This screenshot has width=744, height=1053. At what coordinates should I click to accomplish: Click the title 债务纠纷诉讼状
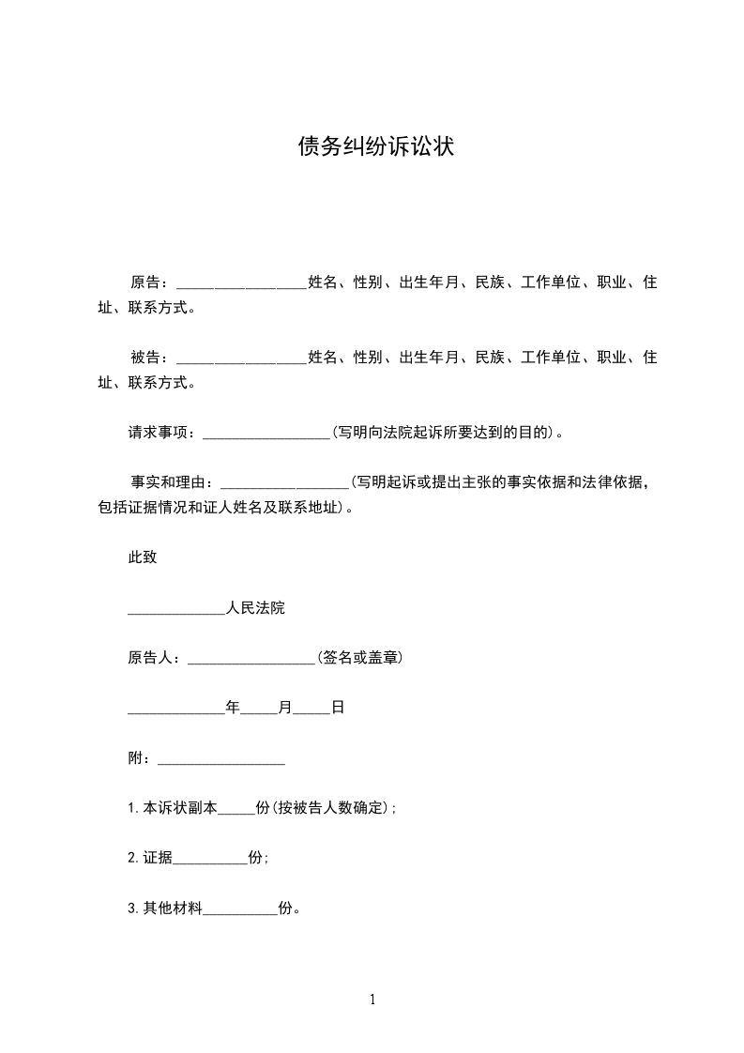coord(375,146)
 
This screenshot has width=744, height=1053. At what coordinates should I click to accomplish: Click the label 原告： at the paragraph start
coord(150,282)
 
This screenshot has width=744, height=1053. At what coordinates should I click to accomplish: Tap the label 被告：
coord(150,358)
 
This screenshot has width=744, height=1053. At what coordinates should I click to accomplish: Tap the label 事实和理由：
coord(175,483)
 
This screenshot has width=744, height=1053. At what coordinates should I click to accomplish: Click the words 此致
coord(143,557)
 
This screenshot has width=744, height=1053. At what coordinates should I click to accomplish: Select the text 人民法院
coord(255,608)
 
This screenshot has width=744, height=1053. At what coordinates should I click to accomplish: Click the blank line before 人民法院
coord(176,611)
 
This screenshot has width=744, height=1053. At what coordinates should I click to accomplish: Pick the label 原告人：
coord(157,658)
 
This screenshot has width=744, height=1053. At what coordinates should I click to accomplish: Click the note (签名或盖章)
coord(360,658)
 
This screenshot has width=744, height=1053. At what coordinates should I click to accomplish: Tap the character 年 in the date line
coord(233,708)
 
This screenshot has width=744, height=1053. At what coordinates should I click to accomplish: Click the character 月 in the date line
coord(285,708)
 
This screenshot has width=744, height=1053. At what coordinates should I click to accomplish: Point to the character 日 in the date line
coord(338,708)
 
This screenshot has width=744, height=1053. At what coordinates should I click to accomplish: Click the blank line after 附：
coord(221,760)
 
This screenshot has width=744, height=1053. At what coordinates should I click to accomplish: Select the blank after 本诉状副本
coord(236,810)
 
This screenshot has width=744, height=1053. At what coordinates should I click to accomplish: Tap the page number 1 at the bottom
coord(372,1000)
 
